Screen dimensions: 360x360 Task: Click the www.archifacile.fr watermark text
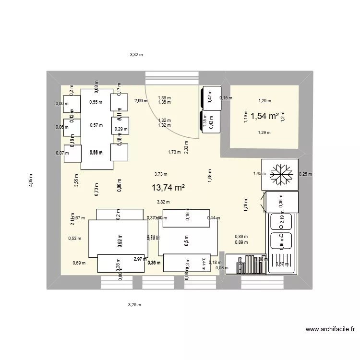point(331,330)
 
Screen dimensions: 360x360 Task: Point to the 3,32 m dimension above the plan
point(136,55)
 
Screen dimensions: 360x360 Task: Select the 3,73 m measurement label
point(161,175)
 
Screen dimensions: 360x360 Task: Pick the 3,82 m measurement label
point(164,203)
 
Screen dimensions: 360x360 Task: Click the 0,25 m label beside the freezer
point(305,174)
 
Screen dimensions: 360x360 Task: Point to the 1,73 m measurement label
point(174,152)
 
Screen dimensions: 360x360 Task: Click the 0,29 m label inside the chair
point(121,129)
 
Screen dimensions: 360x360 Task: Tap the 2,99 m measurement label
point(141,101)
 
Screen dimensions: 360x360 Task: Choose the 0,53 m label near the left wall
point(75,238)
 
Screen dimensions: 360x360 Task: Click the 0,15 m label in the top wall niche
point(226,98)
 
